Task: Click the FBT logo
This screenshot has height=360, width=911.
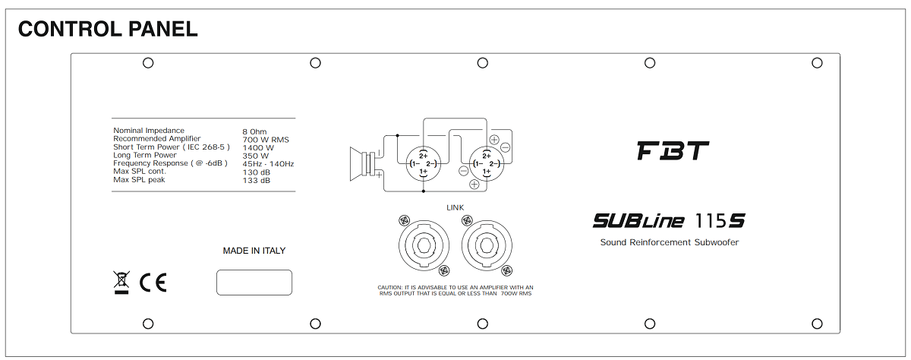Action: pos(673,150)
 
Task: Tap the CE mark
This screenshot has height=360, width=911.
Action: pos(153,283)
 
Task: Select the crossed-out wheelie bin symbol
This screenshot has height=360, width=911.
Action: pos(121,282)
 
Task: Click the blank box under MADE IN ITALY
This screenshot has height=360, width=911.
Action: pos(254,283)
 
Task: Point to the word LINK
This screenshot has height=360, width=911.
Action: pos(455,207)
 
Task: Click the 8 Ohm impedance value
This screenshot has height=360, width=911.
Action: pos(254,132)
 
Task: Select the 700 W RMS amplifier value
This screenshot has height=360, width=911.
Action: pos(266,140)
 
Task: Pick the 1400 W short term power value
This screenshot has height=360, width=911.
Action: pos(258,147)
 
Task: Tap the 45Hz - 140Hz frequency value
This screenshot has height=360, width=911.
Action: pos(268,164)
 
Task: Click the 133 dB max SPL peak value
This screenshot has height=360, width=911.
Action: pos(257,180)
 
